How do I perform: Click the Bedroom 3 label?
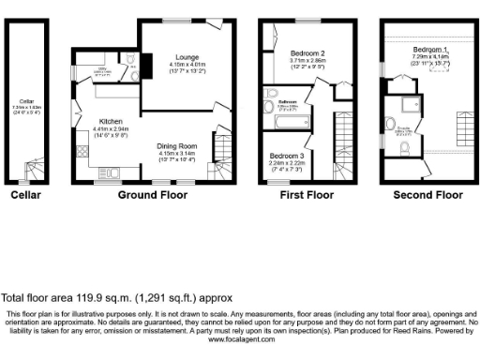(288, 155)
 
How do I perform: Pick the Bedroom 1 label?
(430, 49)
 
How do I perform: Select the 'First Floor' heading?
(307, 196)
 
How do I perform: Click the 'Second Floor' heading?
(427, 196)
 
